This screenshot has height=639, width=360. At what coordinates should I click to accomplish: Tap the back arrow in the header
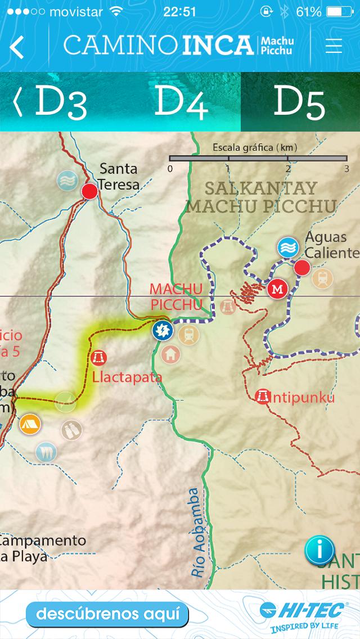tap(17, 47)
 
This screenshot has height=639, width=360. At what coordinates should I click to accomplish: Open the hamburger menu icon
tap(334, 46)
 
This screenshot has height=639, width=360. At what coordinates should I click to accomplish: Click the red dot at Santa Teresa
tap(89, 192)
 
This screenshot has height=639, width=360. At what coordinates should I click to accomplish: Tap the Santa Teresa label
tap(118, 176)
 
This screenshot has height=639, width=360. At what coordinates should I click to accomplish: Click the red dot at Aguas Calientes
tap(302, 268)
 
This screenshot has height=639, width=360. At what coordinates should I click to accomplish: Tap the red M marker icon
tap(277, 289)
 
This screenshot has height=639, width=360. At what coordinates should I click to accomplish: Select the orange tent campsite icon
tap(29, 424)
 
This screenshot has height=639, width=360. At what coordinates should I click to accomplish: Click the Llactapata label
tap(127, 377)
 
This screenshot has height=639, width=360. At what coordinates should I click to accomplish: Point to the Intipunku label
tap(302, 398)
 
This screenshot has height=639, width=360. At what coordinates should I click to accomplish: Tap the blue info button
tap(319, 550)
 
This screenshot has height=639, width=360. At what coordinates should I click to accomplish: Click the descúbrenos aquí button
tap(107, 614)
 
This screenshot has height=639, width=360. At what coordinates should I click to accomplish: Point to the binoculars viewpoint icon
tap(71, 430)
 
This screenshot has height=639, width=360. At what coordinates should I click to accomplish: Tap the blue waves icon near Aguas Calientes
tap(288, 247)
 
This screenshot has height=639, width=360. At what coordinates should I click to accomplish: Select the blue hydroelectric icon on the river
tap(163, 330)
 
